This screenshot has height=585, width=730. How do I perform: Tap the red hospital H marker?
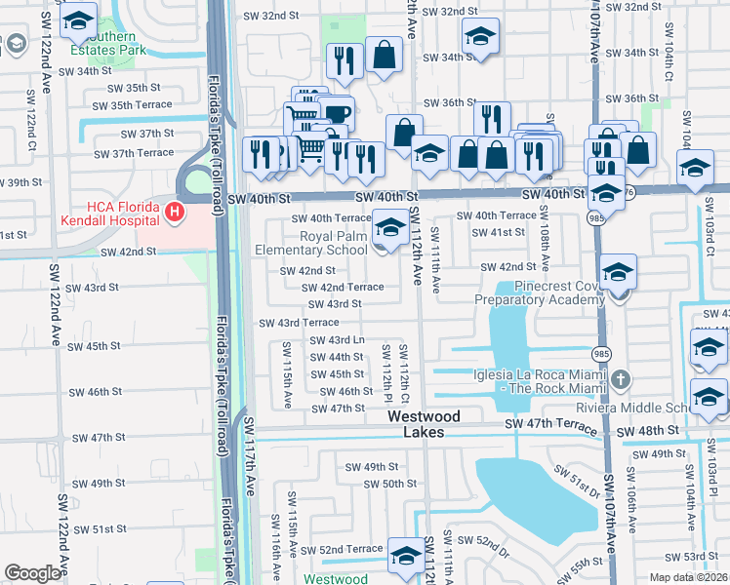174,211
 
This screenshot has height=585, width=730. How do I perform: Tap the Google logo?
33,573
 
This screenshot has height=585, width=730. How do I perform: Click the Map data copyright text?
687,577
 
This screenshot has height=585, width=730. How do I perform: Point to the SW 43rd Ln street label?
337,340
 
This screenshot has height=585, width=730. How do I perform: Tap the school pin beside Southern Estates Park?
78,21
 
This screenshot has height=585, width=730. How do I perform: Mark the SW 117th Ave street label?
250,458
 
